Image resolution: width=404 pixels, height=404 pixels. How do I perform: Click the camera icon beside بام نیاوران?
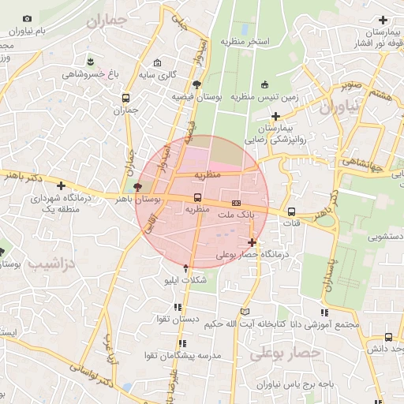[28, 18]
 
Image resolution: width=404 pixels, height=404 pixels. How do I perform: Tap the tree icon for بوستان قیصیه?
[196, 84]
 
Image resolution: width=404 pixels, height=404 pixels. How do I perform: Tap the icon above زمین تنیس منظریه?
[264, 85]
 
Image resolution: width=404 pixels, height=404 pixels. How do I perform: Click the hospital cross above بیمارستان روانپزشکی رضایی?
[275, 116]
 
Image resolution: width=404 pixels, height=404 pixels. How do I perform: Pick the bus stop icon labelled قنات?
[292, 211]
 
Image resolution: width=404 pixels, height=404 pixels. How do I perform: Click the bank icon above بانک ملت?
[236, 204]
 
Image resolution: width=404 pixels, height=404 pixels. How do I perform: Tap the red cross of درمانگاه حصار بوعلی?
[252, 242]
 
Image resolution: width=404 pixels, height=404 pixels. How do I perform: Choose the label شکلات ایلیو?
[184, 280]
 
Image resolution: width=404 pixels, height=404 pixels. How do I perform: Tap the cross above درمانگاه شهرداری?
[60, 185]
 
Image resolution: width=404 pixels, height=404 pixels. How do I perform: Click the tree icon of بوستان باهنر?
[139, 188]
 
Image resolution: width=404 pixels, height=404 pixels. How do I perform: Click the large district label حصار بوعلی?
[285, 354]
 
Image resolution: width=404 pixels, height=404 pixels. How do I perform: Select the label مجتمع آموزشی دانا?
[324, 324]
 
